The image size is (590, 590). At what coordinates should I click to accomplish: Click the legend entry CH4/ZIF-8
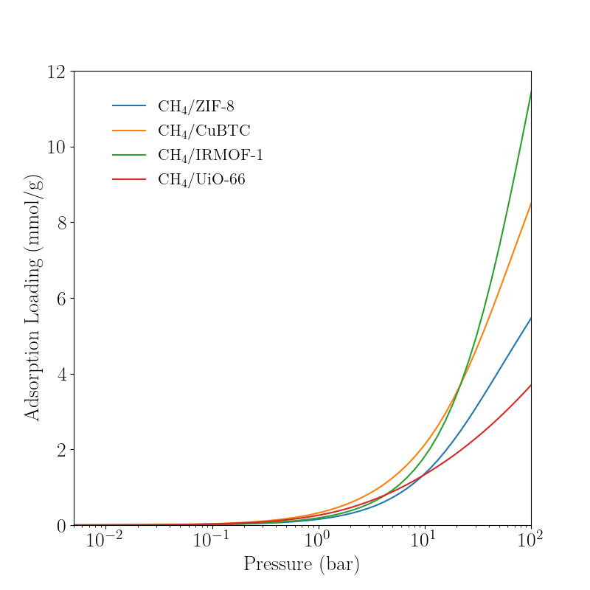(x=195, y=106)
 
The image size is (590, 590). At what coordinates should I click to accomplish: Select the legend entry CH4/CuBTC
(x=204, y=131)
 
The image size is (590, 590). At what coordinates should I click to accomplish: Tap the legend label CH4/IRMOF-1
(x=210, y=156)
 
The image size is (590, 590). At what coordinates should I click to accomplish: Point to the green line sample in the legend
(x=128, y=156)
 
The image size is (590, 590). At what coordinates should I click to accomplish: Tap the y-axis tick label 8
(x=62, y=223)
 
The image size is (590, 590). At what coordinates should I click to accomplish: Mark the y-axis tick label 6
(x=62, y=299)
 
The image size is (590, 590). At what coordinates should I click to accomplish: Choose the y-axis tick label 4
(x=62, y=375)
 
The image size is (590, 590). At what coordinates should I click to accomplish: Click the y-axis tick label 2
(x=62, y=450)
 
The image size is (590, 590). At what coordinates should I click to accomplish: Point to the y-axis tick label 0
(x=62, y=526)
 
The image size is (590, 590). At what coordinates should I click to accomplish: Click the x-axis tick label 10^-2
(x=104, y=541)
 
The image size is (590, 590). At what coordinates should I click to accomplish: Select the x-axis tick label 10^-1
(x=211, y=541)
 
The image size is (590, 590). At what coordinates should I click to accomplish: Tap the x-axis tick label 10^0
(x=318, y=541)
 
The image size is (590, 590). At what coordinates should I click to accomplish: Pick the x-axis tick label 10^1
(x=425, y=541)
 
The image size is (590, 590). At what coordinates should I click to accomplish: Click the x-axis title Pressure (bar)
(x=302, y=566)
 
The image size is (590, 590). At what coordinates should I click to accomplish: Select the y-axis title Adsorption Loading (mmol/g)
(x=32, y=298)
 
